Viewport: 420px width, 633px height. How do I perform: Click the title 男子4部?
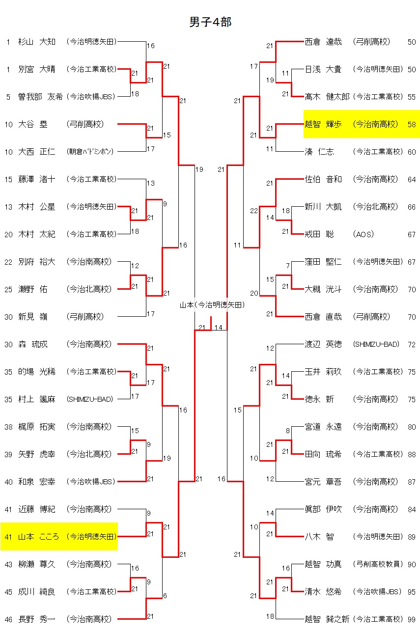(210, 22)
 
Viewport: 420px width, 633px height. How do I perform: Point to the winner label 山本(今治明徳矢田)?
(211, 305)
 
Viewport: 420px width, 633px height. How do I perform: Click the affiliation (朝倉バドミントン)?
(90, 152)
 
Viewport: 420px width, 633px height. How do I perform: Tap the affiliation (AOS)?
(363, 234)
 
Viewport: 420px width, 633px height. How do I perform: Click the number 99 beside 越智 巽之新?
(412, 619)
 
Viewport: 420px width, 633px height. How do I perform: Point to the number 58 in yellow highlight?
(412, 124)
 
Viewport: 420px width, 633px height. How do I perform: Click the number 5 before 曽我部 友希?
(8, 97)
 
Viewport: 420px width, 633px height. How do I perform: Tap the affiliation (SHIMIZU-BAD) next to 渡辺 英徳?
(376, 344)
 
